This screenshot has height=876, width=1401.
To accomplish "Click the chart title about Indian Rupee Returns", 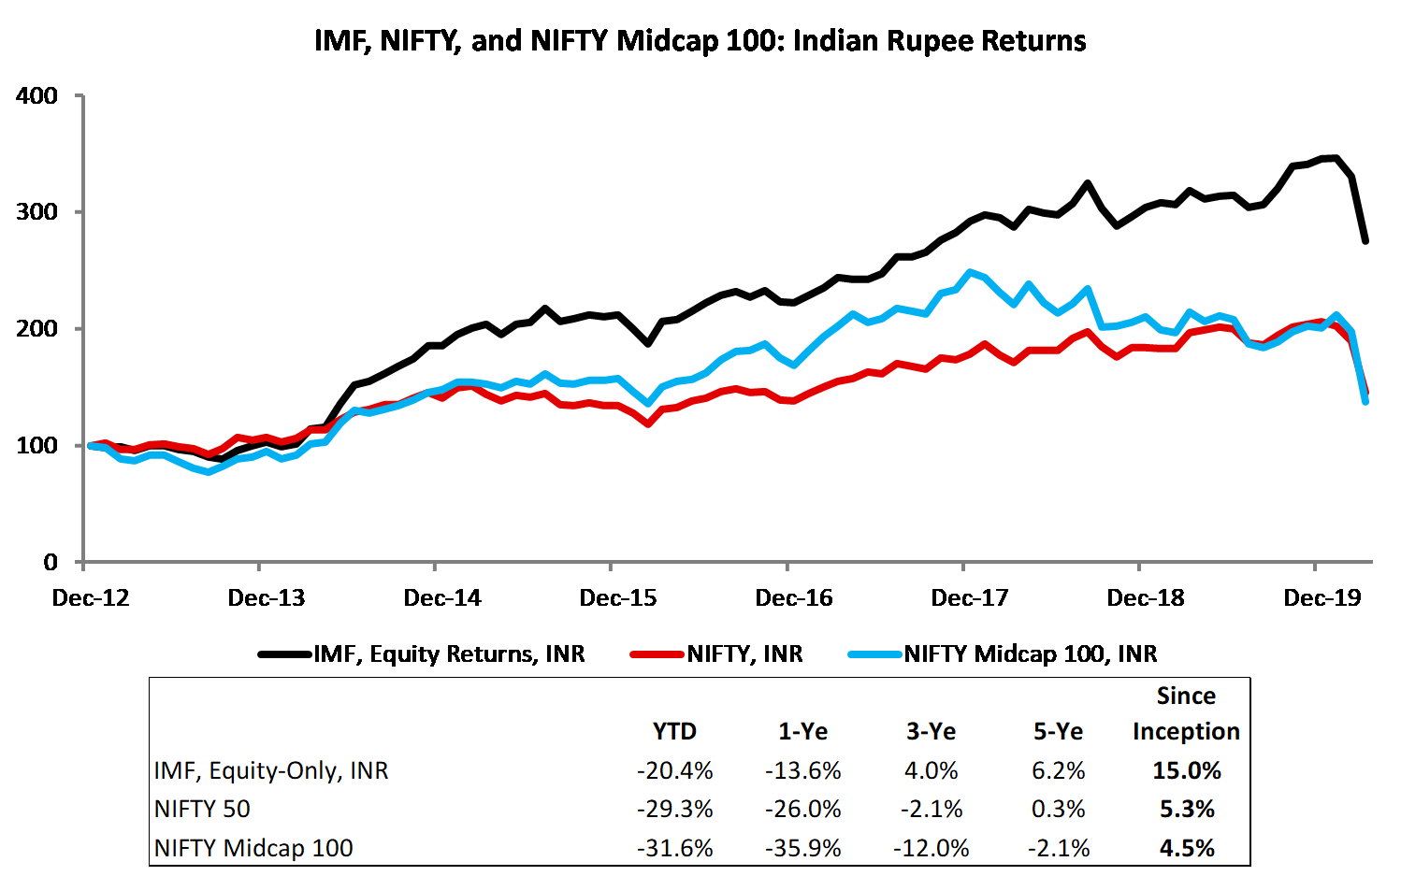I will (x=700, y=41).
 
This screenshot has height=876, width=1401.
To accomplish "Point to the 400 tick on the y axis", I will (x=36, y=95).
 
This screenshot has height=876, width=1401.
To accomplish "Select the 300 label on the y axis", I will (x=36, y=212).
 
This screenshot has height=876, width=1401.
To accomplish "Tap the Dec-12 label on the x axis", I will (x=91, y=598).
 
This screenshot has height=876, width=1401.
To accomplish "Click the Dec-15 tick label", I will (x=618, y=598).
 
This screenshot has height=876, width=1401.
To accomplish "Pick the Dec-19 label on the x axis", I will (x=1322, y=598).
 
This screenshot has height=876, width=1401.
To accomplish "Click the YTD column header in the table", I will (x=674, y=731).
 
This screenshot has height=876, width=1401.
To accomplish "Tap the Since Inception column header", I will (x=1186, y=714).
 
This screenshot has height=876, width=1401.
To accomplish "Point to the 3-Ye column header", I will (x=931, y=731).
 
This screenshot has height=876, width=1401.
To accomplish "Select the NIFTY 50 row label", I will (x=202, y=809).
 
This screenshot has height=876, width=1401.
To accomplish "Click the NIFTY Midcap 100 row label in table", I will (x=253, y=848).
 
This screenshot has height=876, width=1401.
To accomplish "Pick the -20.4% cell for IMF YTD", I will (x=674, y=770).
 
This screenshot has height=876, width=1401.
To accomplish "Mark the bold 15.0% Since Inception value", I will (x=1187, y=770).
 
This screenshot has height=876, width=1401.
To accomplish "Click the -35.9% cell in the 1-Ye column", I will (x=802, y=848).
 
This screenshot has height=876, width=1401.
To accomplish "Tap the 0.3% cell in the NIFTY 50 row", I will (x=1059, y=809).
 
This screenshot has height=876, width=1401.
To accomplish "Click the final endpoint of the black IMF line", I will (x=1365, y=241).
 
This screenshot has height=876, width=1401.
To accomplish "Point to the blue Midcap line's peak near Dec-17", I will (x=970, y=272).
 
